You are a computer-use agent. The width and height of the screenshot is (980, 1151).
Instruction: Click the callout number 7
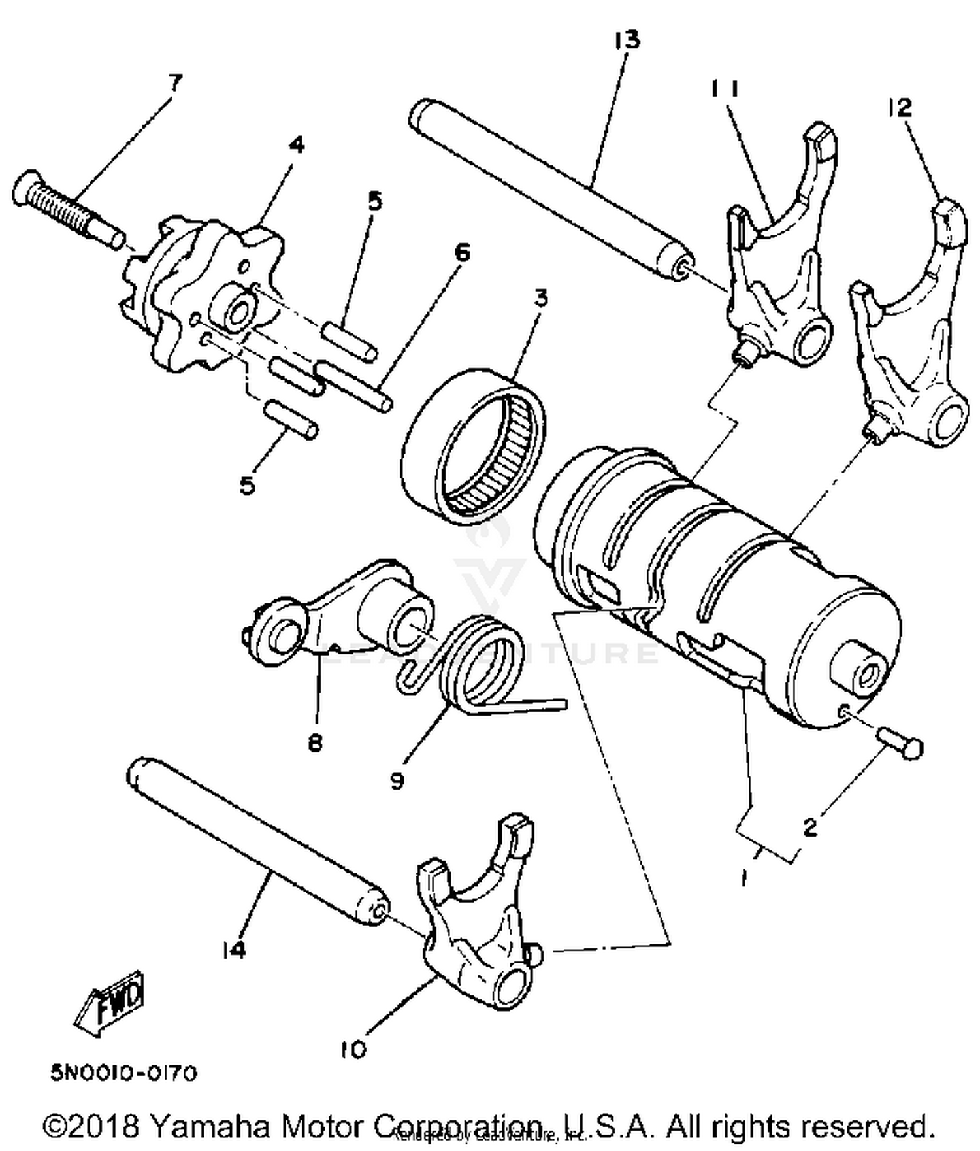click(174, 83)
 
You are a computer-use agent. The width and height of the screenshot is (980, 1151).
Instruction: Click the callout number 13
click(627, 40)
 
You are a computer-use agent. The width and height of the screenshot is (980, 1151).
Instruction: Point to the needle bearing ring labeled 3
click(474, 444)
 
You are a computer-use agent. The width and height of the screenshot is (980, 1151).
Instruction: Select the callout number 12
click(900, 108)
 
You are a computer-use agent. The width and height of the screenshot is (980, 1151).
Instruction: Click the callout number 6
click(462, 252)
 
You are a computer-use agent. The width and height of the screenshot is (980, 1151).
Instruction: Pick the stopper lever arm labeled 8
click(333, 611)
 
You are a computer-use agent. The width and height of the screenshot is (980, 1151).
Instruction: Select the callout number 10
click(353, 1050)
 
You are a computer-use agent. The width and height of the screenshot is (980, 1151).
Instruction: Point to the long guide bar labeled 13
click(549, 186)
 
